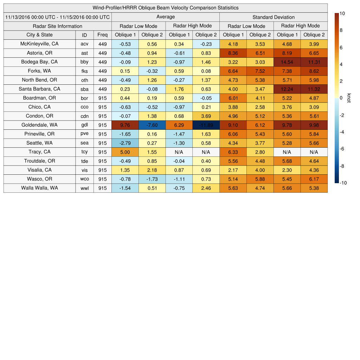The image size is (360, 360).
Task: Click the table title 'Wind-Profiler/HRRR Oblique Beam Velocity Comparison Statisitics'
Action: [166, 8]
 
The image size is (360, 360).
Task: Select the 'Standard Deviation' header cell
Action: [274, 17]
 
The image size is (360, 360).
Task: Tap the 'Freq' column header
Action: [102, 35]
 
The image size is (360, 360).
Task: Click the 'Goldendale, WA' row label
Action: [39, 125]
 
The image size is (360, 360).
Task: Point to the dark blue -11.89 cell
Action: [206, 125]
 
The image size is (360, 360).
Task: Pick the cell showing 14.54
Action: [287, 62]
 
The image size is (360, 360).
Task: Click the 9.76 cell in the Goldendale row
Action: [125, 125]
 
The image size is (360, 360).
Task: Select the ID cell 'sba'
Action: [84, 89]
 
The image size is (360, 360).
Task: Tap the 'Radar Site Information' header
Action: [57, 26]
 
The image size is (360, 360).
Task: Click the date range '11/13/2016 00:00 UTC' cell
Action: [57, 17]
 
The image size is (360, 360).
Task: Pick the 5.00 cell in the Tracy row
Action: [125, 152]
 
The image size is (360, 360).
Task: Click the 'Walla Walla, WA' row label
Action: [39, 188]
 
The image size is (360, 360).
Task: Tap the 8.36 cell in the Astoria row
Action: [233, 53]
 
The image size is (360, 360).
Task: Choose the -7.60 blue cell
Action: [152, 125]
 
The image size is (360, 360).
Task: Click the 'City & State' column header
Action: [39, 35]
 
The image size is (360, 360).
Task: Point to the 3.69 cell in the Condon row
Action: [206, 116]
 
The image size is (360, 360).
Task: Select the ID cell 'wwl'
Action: [84, 188]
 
